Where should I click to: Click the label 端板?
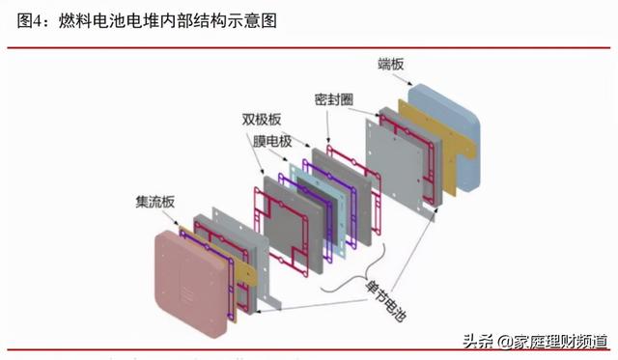pos(391,65)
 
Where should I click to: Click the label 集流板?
pos(154,203)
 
